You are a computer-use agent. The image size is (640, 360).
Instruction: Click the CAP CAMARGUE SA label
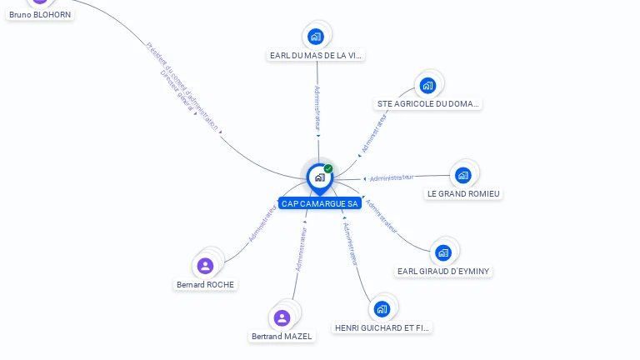pos(320,203)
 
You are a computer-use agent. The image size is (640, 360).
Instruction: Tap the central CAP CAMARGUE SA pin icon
pos(320,177)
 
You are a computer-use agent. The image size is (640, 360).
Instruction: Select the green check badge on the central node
pos(328,168)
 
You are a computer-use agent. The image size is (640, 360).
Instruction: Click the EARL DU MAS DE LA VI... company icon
pos(315,36)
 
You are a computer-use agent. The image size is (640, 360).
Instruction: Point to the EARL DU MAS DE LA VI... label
pos(317,56)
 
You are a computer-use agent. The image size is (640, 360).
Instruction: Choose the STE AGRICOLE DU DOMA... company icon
pos(427,85)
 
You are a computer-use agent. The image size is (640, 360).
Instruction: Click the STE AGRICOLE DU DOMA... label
pos(428,104)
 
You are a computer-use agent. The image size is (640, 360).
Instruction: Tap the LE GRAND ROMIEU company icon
pos(462,175)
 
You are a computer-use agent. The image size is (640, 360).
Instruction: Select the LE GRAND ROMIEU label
pos(463,194)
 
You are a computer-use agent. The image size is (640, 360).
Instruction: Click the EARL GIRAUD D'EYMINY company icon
pos(442,252)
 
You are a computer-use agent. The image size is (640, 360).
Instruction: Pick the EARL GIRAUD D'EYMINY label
pos(443,271)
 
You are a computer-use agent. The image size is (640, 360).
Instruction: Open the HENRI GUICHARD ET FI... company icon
pos(382,309)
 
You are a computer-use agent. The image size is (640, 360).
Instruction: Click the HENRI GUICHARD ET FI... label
pos(382,328)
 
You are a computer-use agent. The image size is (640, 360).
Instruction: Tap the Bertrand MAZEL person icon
pos(282,317)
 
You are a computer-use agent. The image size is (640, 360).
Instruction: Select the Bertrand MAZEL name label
pos(282,337)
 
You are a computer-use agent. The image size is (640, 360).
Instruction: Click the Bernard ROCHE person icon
pos(205,266)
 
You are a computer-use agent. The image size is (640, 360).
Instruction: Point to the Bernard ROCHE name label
pos(206,284)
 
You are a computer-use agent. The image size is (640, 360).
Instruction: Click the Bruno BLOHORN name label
pos(40,14)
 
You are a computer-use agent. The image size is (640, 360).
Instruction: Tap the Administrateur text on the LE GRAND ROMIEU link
pos(392,177)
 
